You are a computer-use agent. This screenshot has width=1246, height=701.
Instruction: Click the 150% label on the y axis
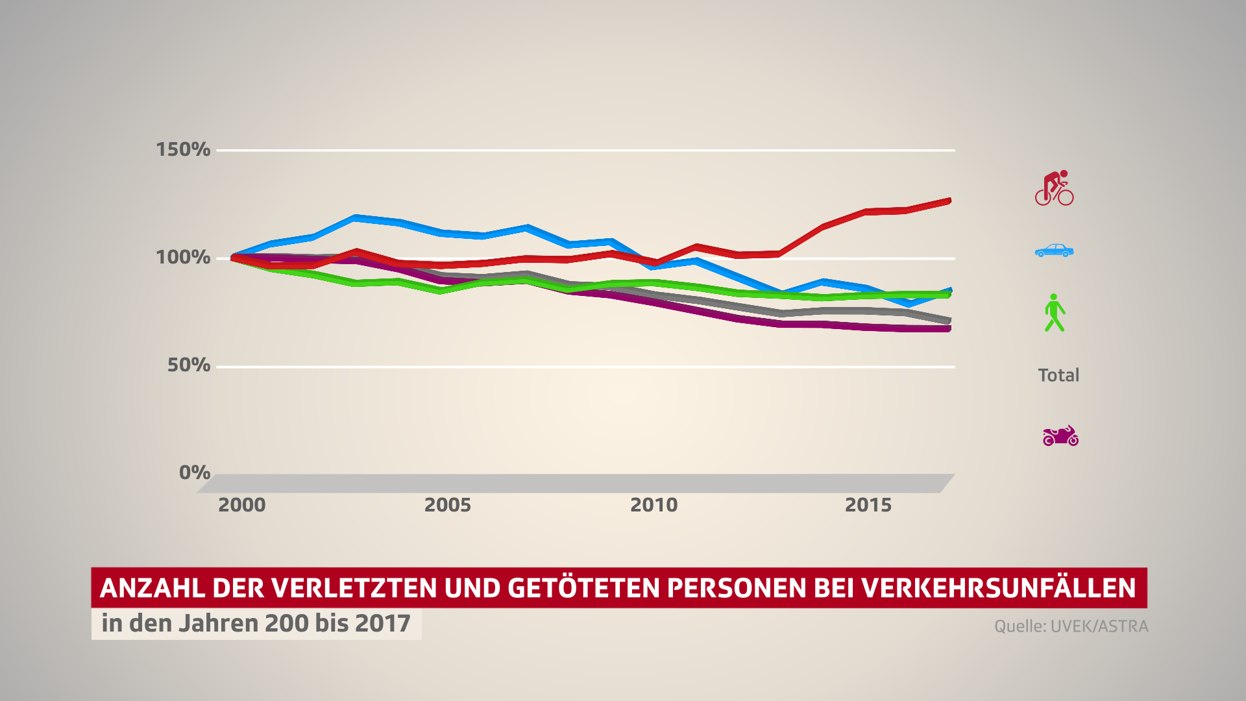point(182,149)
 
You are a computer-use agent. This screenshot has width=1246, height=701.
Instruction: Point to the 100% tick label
point(182,257)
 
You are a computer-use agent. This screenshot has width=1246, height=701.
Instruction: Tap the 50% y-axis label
point(188,365)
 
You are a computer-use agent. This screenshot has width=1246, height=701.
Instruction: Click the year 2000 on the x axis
point(241,505)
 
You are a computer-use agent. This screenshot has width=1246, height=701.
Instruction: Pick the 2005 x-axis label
point(447,505)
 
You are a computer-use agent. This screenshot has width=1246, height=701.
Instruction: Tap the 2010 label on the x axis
point(654,505)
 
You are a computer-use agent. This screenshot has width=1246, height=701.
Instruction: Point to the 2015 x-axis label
point(868,505)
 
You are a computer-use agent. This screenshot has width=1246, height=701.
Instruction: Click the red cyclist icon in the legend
point(1054,188)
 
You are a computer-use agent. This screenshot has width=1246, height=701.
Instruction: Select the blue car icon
point(1054,251)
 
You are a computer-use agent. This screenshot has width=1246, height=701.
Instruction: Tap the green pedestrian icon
point(1054,313)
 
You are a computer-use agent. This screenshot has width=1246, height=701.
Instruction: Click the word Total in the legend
point(1058,375)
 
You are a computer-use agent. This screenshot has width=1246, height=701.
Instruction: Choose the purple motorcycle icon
point(1060,436)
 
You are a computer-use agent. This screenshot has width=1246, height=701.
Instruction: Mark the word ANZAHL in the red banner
point(152,588)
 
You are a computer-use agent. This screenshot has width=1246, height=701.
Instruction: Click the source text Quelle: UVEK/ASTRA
point(1071,626)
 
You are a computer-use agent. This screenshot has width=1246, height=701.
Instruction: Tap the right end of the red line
point(948,201)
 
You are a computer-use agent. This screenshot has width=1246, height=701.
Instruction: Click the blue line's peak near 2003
point(355,217)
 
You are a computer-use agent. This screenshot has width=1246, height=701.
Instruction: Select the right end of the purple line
point(948,329)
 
